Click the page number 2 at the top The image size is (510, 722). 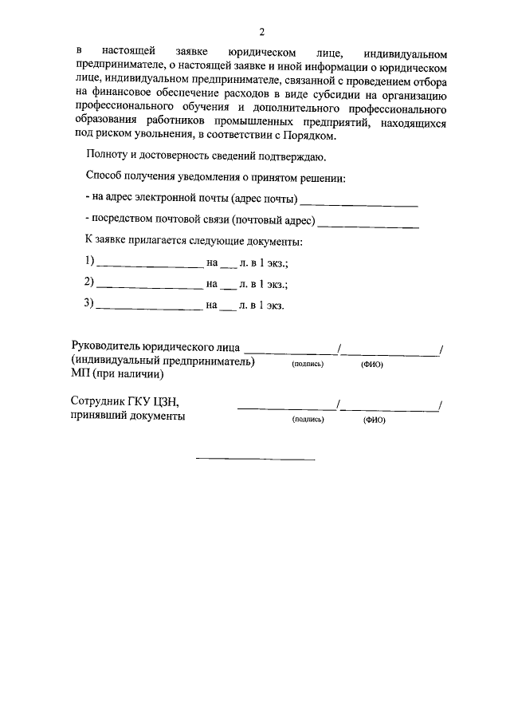(x=261, y=32)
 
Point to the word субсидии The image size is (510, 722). (x=342, y=95)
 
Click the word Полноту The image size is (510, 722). (x=105, y=158)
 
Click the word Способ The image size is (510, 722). (x=104, y=178)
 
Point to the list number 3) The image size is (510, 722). (x=89, y=304)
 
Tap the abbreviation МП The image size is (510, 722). (x=80, y=373)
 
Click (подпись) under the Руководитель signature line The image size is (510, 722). (x=308, y=363)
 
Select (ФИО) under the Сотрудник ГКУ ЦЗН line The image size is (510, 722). (x=374, y=420)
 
